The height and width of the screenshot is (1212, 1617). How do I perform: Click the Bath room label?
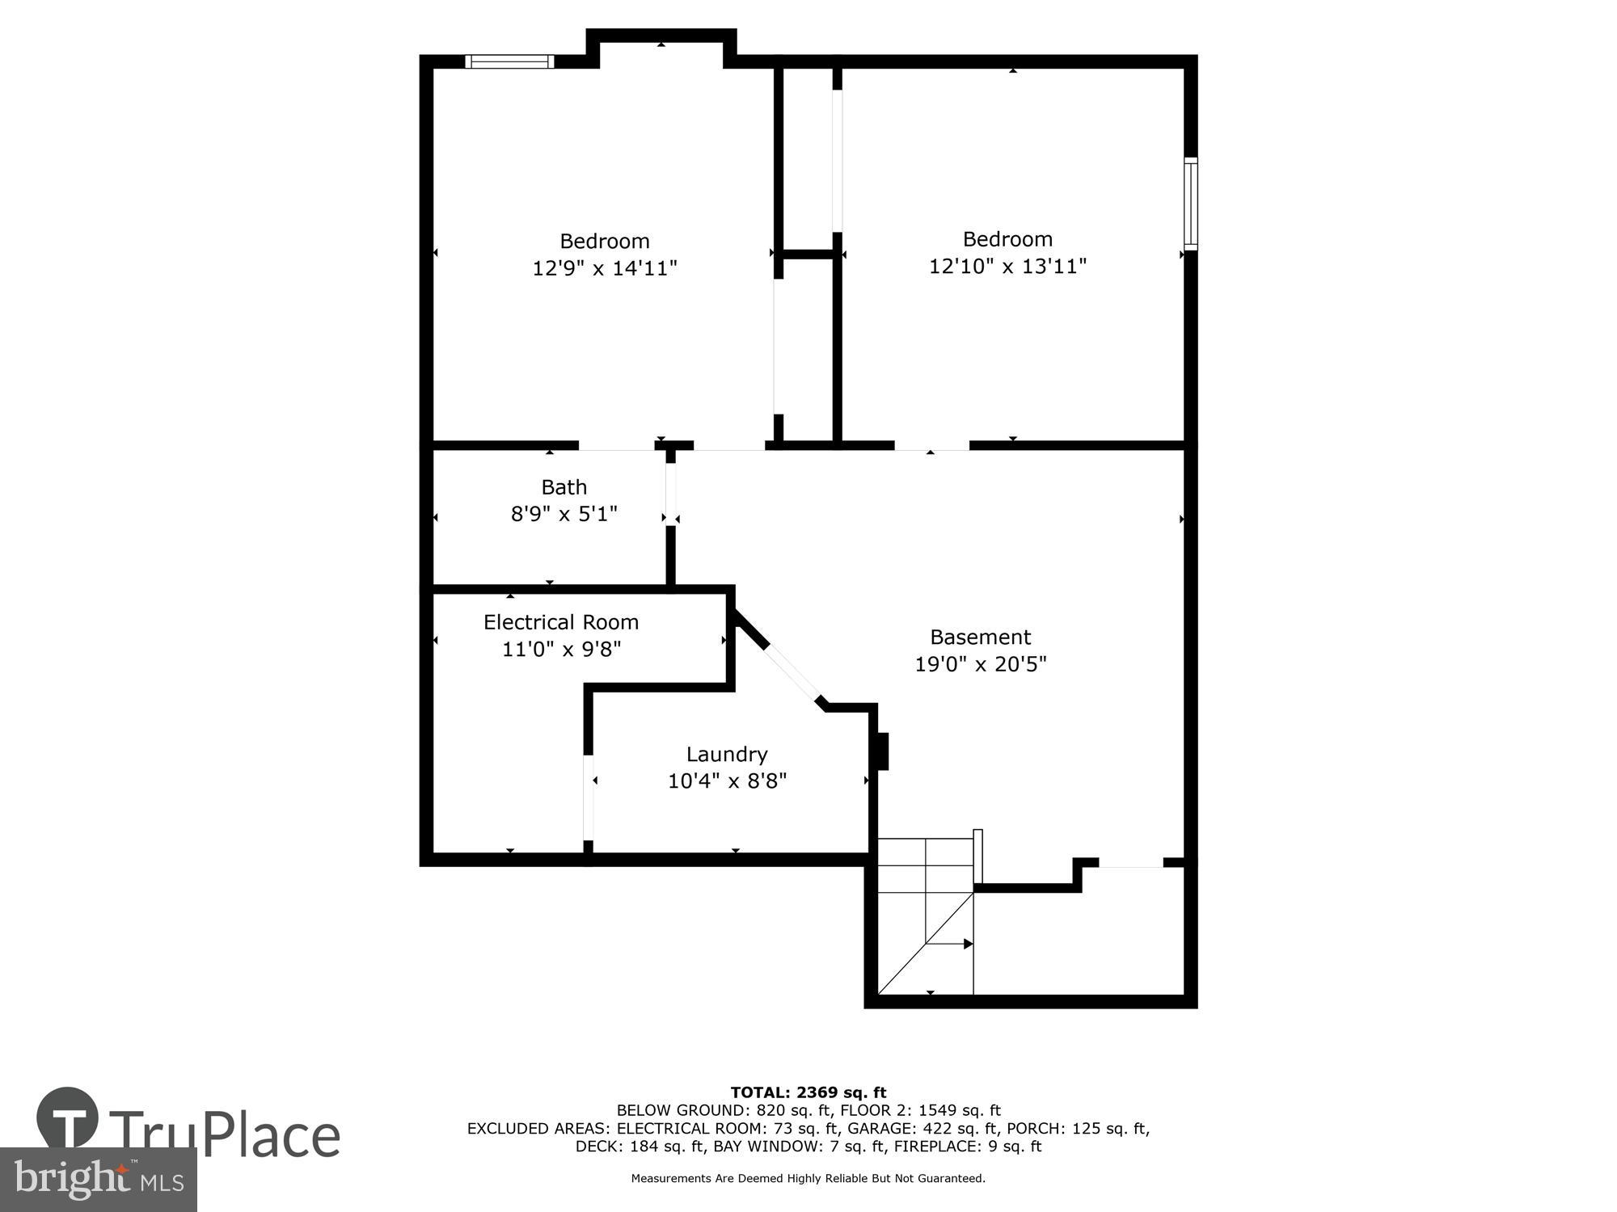tap(564, 487)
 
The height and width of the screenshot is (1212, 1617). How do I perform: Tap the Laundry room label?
tap(726, 754)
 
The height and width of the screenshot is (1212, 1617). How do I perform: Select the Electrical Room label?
tap(561, 622)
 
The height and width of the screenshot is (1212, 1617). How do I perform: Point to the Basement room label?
tap(980, 637)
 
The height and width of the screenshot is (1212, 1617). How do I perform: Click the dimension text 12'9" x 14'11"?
tap(604, 268)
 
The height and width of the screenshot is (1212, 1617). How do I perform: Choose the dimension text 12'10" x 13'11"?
tap(1007, 266)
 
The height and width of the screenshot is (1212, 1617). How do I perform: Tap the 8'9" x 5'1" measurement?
tap(564, 514)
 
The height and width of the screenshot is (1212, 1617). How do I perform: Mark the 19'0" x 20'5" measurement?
tap(980, 664)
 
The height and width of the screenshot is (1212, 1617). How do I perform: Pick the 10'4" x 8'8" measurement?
tap(727, 781)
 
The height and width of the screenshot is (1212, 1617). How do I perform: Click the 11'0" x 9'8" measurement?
tap(561, 649)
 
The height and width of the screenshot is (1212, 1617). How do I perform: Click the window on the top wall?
tap(509, 61)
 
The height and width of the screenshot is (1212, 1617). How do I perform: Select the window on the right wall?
tap(1190, 203)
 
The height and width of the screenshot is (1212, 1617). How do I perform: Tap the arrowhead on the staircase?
tap(968, 944)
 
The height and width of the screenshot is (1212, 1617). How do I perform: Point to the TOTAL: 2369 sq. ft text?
tap(808, 1093)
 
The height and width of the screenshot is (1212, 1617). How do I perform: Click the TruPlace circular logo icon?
tap(68, 1117)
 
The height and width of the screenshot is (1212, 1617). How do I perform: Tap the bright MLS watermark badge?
tap(98, 1180)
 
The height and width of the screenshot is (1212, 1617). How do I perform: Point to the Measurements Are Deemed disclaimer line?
tap(808, 1179)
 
